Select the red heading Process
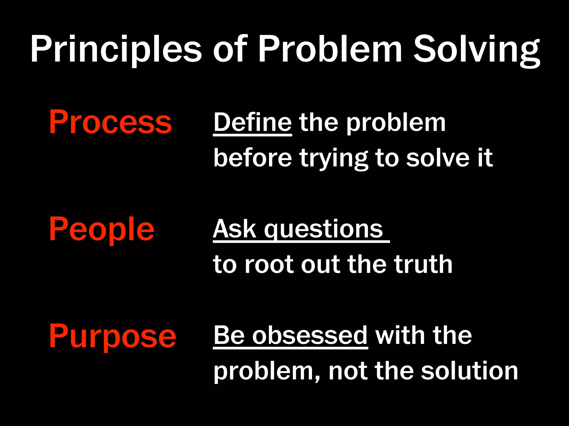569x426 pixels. point(110,122)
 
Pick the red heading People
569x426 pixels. point(101,229)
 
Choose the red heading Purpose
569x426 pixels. point(113,336)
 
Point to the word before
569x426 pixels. point(252,158)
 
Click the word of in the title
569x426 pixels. point(230,49)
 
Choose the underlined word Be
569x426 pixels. point(229,336)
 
